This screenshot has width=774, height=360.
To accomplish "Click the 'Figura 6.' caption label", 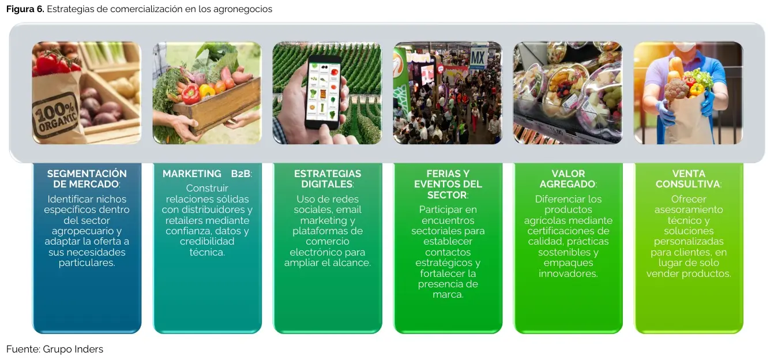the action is (x=25, y=9).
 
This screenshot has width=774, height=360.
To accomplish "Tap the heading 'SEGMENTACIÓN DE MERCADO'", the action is (x=87, y=179).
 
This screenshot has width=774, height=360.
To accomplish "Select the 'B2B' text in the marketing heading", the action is (x=241, y=174).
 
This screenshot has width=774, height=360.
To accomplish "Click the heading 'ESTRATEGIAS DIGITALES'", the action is (x=328, y=179).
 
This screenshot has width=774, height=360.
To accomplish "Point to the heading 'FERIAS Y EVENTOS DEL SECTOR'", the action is (x=448, y=184).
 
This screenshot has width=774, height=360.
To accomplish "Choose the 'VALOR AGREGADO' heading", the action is (x=568, y=179).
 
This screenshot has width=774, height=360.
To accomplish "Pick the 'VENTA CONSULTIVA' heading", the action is (x=688, y=179).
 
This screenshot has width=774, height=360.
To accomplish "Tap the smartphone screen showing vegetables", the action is (x=324, y=92).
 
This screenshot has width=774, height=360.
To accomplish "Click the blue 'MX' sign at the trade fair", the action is (x=478, y=57).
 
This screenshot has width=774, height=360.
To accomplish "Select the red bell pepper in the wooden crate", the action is (x=190, y=93).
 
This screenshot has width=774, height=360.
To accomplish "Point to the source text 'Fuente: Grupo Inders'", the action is (x=55, y=349).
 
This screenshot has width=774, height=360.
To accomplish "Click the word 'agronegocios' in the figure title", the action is (x=243, y=9).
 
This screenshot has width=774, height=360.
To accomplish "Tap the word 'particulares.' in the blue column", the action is (x=87, y=263).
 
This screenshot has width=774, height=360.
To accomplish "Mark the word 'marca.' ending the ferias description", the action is (x=448, y=295).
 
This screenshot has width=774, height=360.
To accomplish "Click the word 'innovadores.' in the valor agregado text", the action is (x=568, y=273).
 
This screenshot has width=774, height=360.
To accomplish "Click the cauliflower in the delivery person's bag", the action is (x=676, y=89).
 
